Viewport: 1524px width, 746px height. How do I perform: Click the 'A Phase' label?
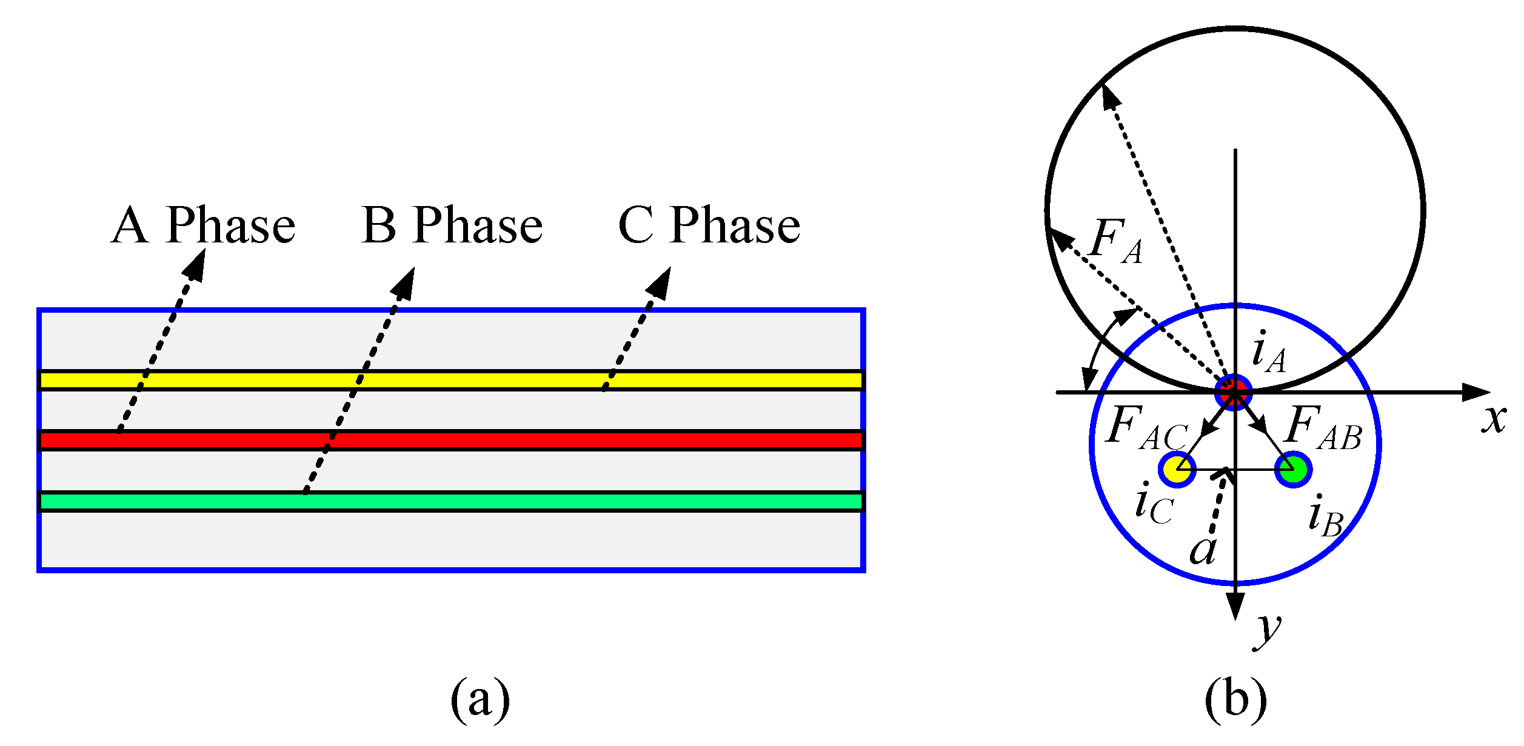click(x=203, y=225)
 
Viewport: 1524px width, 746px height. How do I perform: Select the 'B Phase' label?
click(x=452, y=225)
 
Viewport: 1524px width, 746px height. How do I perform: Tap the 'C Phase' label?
click(x=709, y=225)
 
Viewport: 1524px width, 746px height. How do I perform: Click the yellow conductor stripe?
click(x=451, y=380)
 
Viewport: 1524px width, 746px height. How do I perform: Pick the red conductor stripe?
click(x=451, y=440)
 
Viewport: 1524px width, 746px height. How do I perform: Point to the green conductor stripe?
click(x=451, y=501)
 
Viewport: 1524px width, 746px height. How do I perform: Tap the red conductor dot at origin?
click(x=1234, y=392)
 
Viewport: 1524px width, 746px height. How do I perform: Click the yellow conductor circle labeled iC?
click(x=1177, y=469)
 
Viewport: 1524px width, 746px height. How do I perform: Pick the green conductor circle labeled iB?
click(x=1293, y=469)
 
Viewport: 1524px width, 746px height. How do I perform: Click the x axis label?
click(x=1494, y=418)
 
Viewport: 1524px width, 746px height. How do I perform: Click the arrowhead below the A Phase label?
click(x=196, y=265)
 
